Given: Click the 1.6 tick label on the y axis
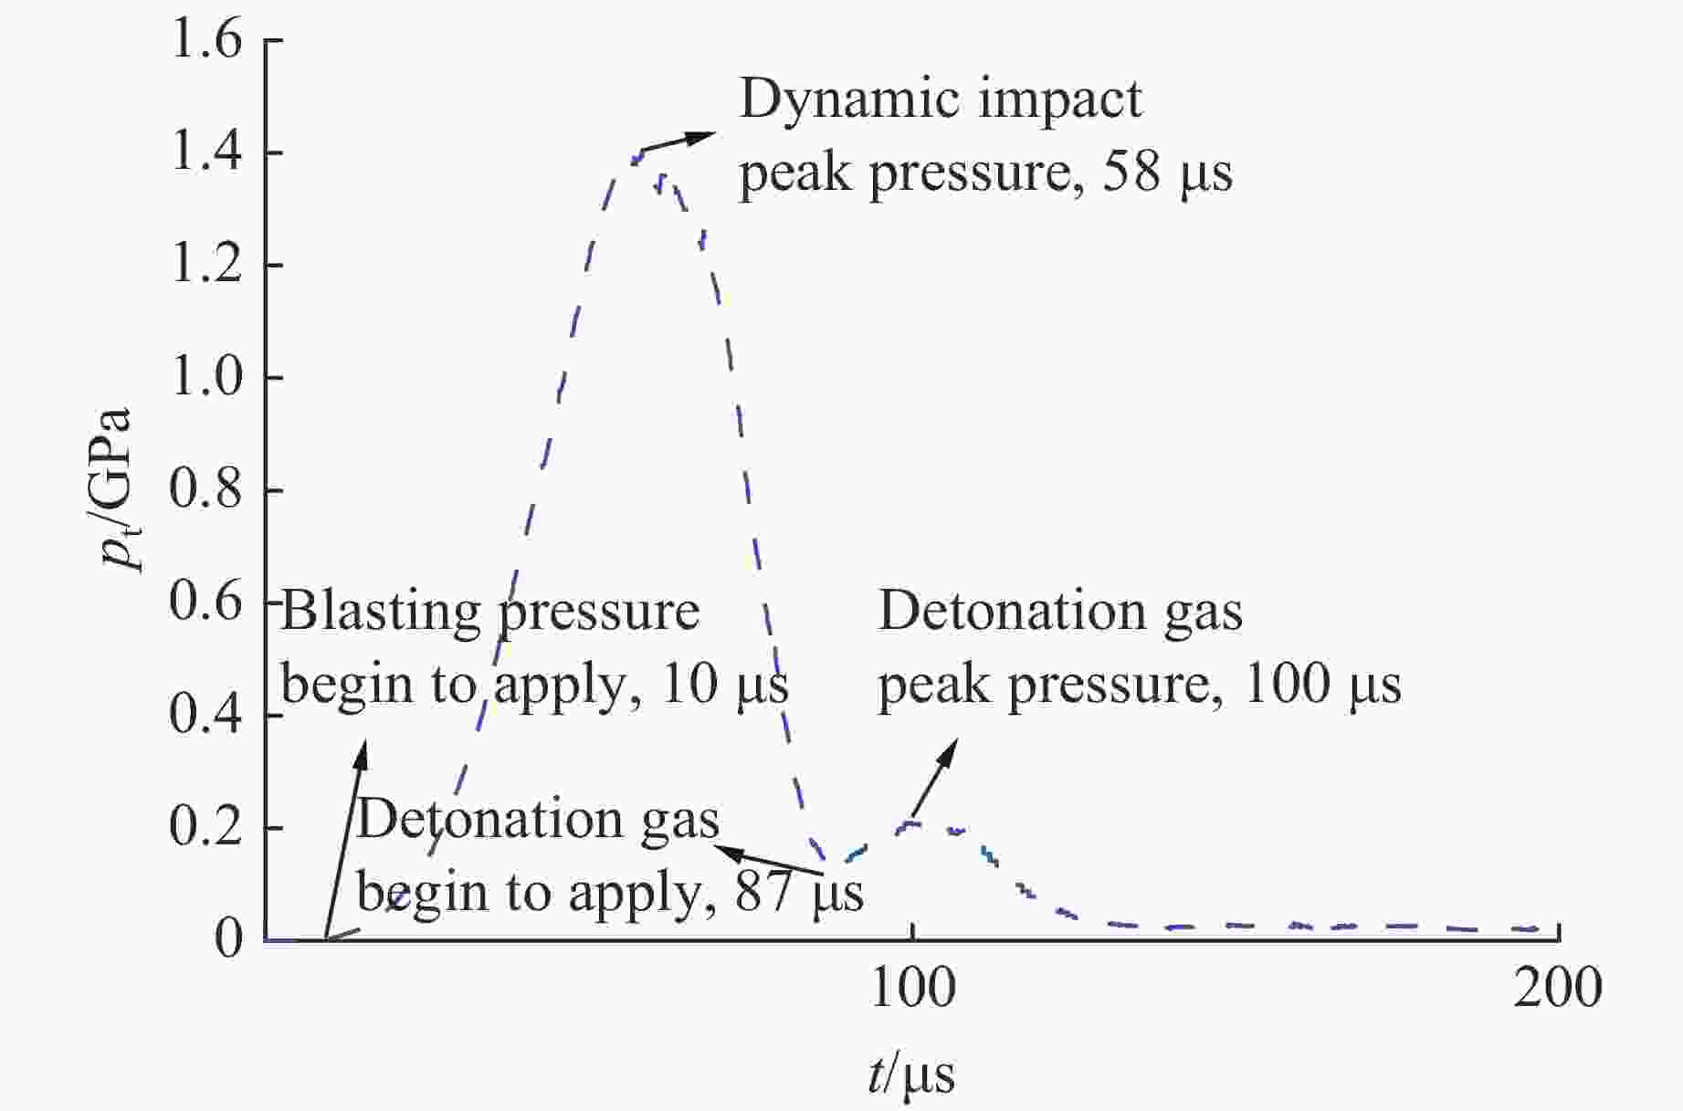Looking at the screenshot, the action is pos(206,42).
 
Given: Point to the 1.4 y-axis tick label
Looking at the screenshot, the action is pos(206,152).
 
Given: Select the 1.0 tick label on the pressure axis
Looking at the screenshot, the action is pos(206,377).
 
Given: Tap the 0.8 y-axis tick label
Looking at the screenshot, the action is pos(206,489).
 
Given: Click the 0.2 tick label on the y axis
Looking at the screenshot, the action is pos(206,827).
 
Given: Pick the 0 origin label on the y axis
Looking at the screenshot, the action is pos(229,938).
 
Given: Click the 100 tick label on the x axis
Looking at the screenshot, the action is pos(913,989).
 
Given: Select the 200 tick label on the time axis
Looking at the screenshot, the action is pos(1558,989).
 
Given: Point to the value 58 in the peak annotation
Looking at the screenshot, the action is pos(1131,173).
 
